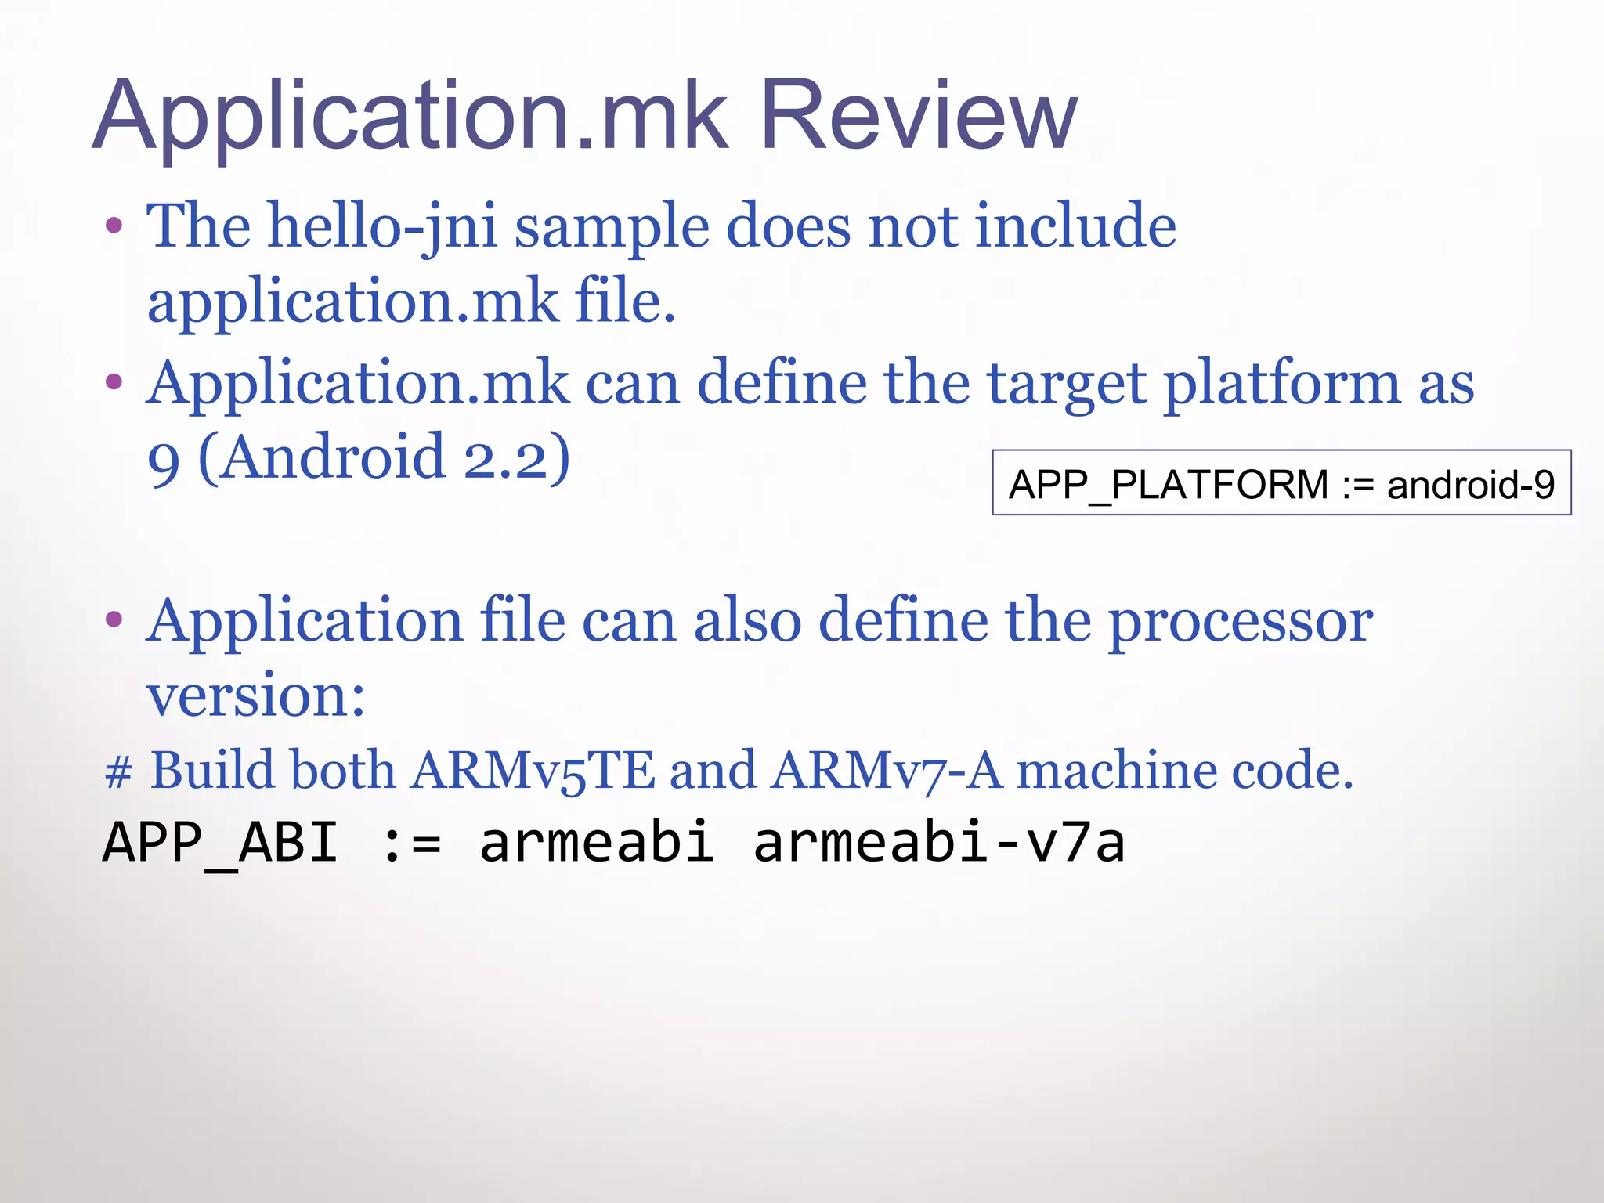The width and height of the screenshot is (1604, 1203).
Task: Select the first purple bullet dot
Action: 114,226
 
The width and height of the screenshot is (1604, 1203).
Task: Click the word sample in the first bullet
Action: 611,227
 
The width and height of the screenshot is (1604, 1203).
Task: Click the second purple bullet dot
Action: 114,382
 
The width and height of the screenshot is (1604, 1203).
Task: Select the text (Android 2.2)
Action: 385,457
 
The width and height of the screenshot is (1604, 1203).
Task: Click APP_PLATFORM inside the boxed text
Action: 1168,484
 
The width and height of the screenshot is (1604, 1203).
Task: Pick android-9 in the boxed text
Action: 1470,484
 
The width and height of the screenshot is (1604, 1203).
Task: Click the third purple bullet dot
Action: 114,620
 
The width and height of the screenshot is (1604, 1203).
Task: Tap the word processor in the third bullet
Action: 1241,620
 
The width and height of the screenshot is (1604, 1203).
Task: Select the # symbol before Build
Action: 118,771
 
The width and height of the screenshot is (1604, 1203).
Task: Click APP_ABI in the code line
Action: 220,843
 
